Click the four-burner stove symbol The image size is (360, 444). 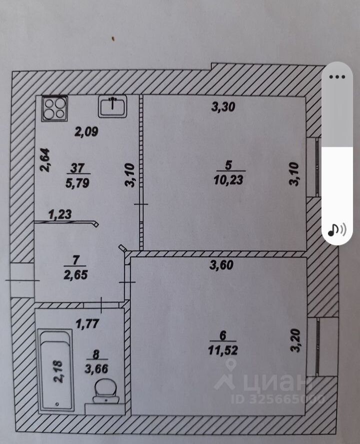54,108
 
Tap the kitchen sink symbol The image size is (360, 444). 114,106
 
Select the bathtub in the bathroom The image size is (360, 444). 56,369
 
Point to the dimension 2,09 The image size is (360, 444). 87,132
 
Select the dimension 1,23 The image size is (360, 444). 60,215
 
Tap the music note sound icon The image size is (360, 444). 336,229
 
